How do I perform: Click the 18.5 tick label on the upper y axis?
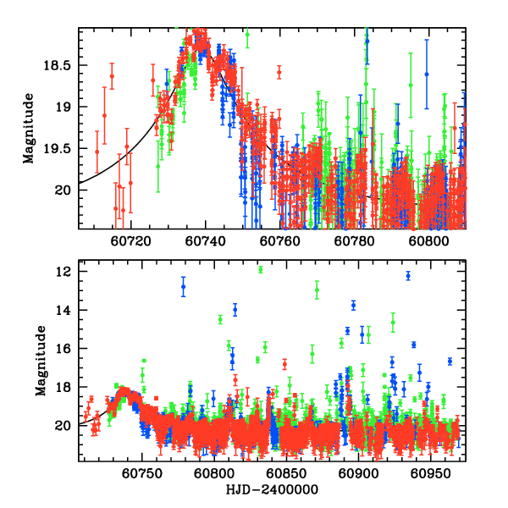(61, 65)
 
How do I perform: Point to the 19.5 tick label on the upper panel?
(61, 148)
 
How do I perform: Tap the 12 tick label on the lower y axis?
(64, 272)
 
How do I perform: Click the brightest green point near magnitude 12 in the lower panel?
(260, 270)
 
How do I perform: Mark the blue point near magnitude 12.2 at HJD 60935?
(408, 275)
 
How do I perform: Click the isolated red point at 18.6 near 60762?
(279, 73)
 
